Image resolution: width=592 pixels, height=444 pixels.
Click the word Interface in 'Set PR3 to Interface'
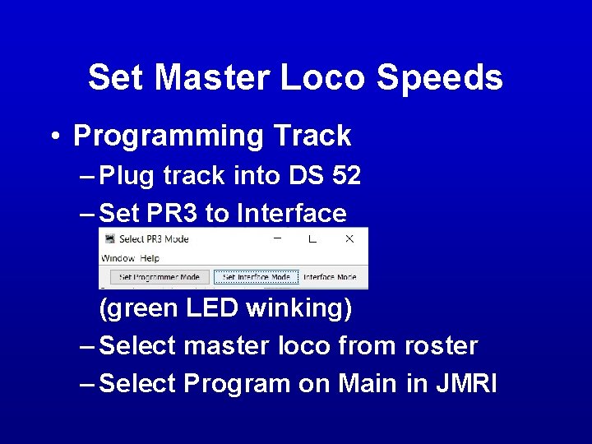[x=292, y=215]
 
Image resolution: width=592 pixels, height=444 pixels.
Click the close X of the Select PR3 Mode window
[x=349, y=238]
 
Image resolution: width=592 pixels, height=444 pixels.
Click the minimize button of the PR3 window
[x=277, y=238]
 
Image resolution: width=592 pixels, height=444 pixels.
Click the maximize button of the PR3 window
[x=312, y=238]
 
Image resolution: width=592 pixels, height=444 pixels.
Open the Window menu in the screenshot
[x=118, y=258]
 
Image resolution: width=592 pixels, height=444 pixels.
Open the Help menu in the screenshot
[x=150, y=258]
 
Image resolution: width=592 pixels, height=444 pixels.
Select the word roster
[x=441, y=346]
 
